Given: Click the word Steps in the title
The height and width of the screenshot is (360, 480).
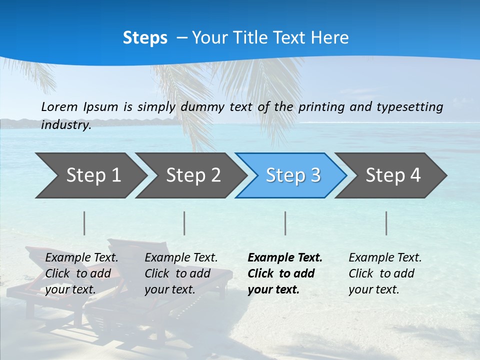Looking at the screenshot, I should point(145,38).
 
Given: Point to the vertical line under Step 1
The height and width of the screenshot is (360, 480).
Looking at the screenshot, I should point(84,223).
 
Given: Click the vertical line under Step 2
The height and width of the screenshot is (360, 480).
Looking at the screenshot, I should point(184,223).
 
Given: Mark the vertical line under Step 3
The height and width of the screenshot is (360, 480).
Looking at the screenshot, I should point(285,223).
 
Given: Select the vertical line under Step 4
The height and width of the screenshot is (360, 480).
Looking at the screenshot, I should point(386,223).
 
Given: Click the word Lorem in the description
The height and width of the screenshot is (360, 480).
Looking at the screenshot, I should point(59,106).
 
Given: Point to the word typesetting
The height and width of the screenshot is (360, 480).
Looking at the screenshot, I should point(411,106).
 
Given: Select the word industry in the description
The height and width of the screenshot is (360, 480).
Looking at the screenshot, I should point(66,124).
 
